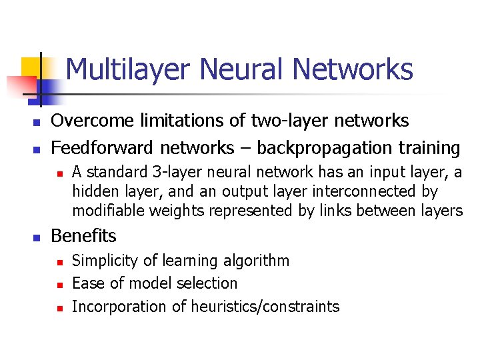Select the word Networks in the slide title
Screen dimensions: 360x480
pyautogui.click(x=353, y=69)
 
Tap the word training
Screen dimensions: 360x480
pyautogui.click(x=431, y=147)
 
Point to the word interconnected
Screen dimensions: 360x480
pyautogui.click(x=363, y=191)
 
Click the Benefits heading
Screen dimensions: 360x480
pyautogui.click(x=83, y=236)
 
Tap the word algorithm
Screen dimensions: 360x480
pyautogui.click(x=257, y=261)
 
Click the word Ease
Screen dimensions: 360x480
pyautogui.click(x=86, y=283)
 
